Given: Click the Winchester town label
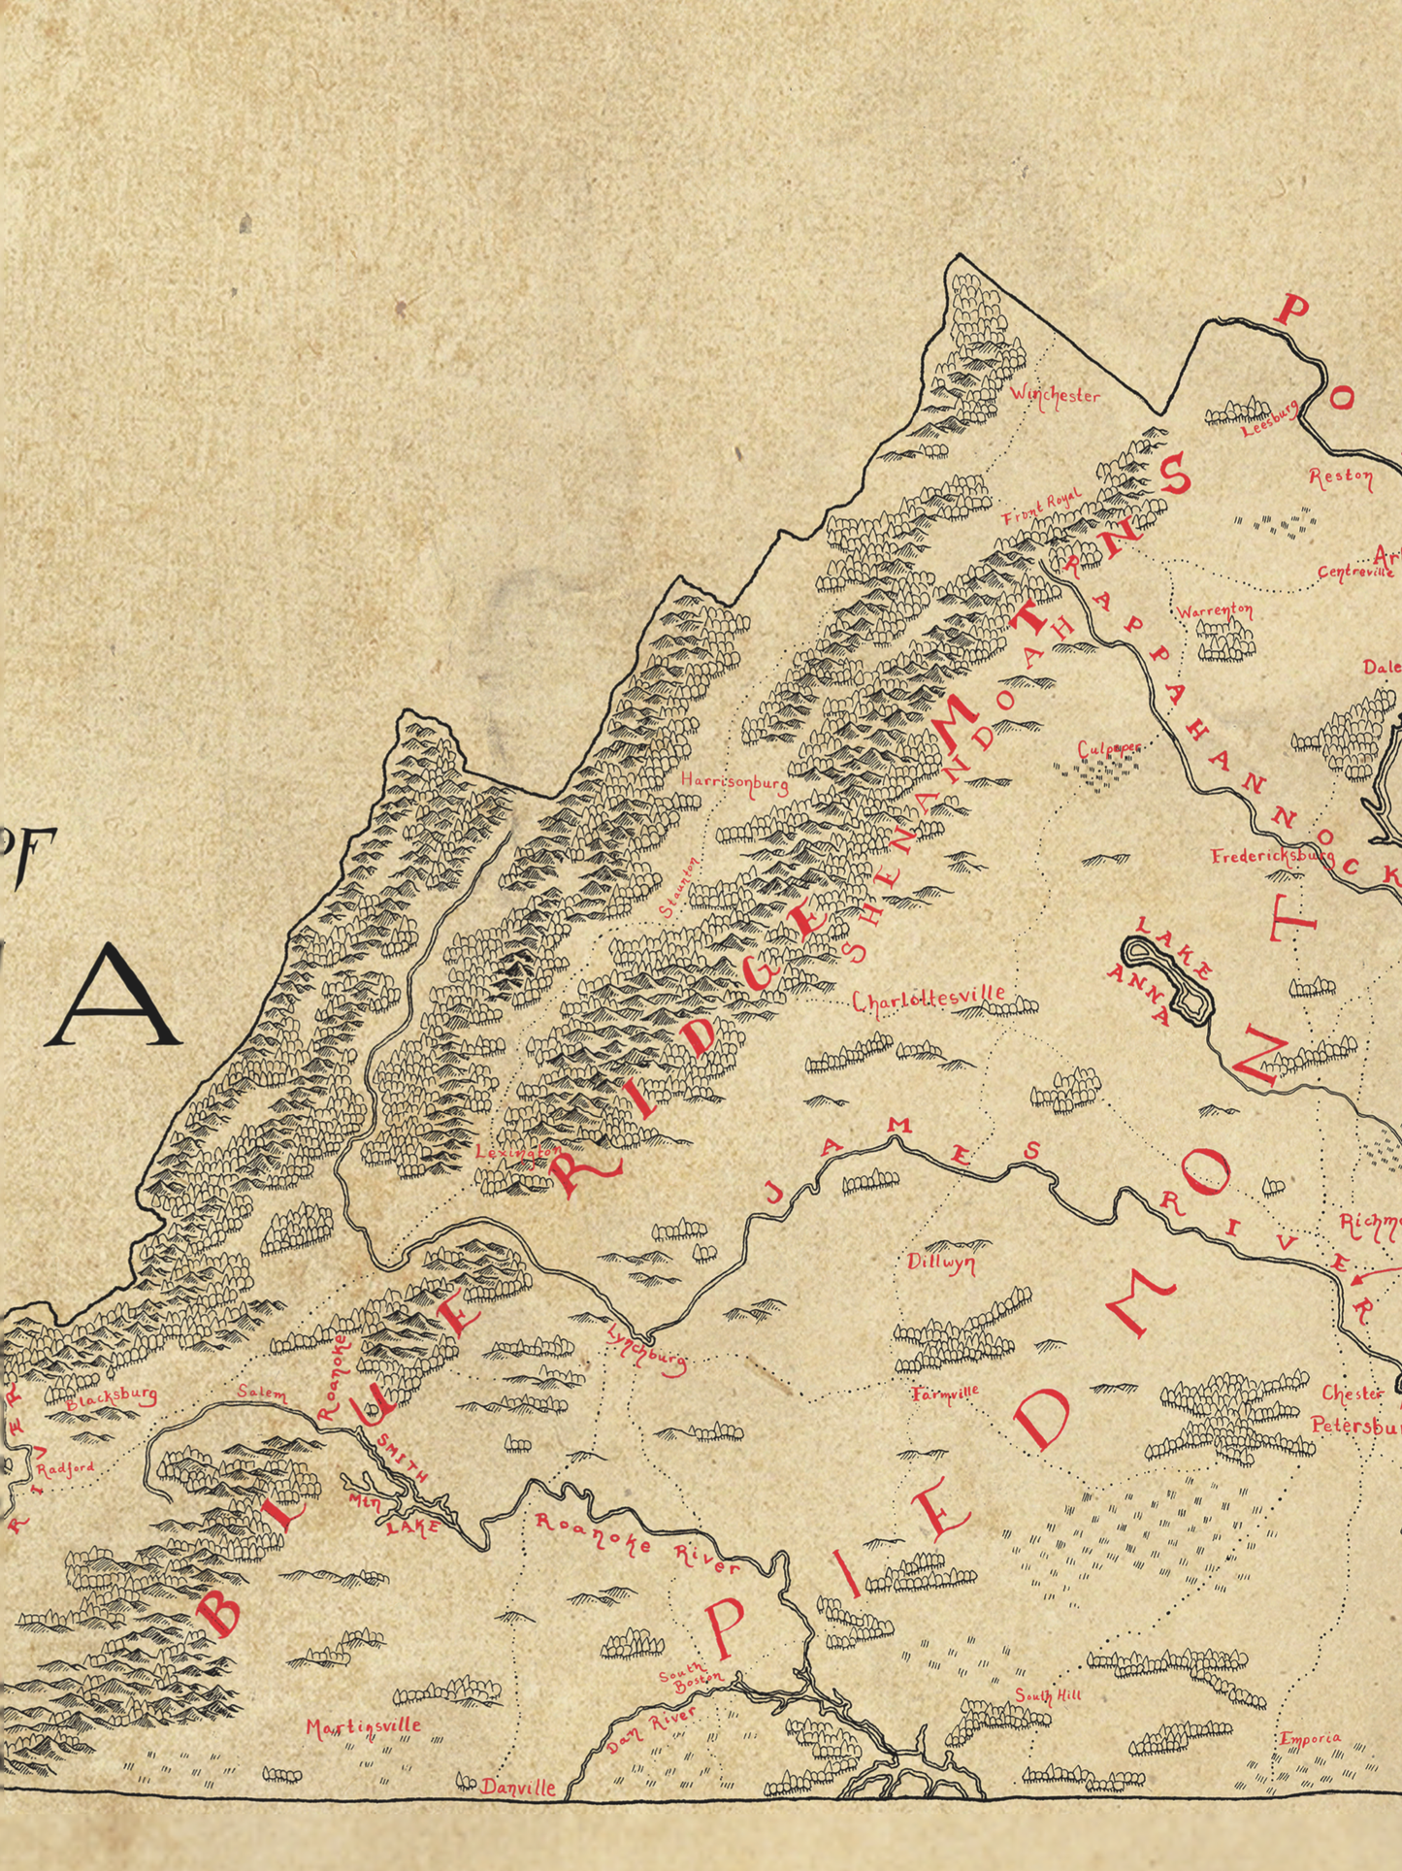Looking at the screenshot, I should [x=1055, y=395].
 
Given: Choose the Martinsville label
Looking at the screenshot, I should [x=364, y=1726].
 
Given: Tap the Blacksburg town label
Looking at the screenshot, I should [x=112, y=1397].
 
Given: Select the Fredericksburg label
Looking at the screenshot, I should [x=1272, y=857].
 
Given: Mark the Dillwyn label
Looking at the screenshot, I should [x=941, y=1263].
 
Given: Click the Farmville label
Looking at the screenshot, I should [x=946, y=1394].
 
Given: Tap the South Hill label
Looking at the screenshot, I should [x=1048, y=1695].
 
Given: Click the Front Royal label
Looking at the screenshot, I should [x=1041, y=509].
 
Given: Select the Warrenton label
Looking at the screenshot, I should [x=1215, y=611].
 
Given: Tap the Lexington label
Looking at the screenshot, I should [x=517, y=1152].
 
